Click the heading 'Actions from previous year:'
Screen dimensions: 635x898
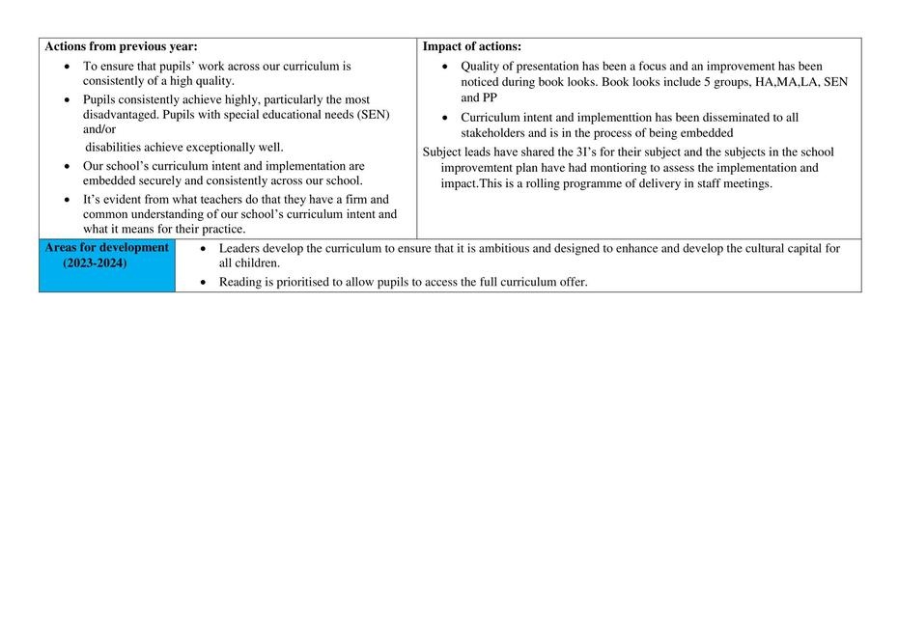pyautogui.click(x=121, y=46)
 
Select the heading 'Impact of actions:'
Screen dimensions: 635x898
pyautogui.click(x=472, y=46)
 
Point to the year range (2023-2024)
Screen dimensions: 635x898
pyautogui.click(x=95, y=263)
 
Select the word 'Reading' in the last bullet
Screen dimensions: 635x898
pyautogui.click(x=240, y=282)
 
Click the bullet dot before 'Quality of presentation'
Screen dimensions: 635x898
pyautogui.click(x=444, y=67)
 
